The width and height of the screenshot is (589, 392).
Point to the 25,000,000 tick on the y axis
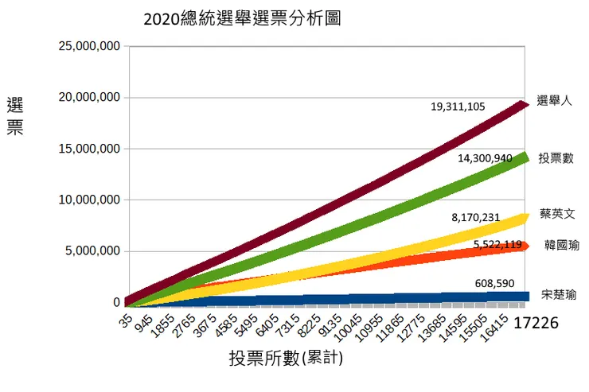(89, 46)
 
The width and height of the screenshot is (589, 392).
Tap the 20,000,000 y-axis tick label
(89, 98)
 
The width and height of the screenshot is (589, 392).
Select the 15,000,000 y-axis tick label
(89, 149)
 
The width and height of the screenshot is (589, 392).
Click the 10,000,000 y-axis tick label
(89, 200)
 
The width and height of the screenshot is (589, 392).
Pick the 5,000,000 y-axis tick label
(92, 251)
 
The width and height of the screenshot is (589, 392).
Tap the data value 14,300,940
(485, 158)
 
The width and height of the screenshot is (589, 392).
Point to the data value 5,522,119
(497, 244)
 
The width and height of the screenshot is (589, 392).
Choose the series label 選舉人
(554, 100)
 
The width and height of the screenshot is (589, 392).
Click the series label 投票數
(556, 157)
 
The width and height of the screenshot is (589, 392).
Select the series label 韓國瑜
(561, 245)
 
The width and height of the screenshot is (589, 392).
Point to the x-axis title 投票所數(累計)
(286, 359)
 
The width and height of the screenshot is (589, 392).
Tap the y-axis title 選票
(15, 116)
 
